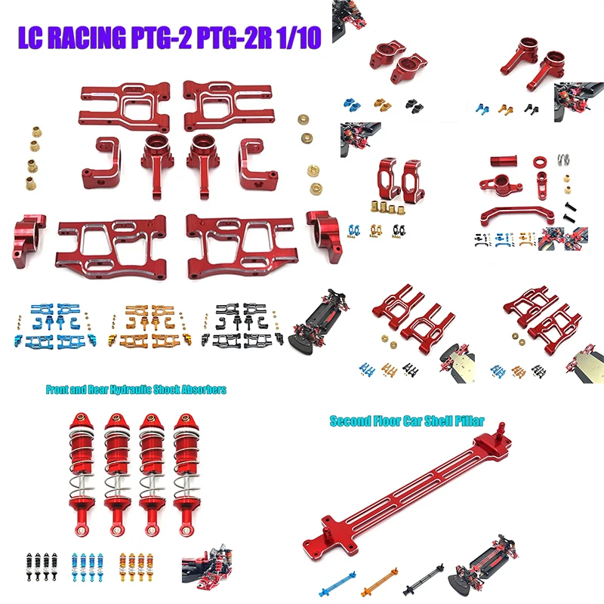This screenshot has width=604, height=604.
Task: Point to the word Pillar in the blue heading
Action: tap(462, 421)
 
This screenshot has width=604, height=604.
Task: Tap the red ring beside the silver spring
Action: tap(541, 162)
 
